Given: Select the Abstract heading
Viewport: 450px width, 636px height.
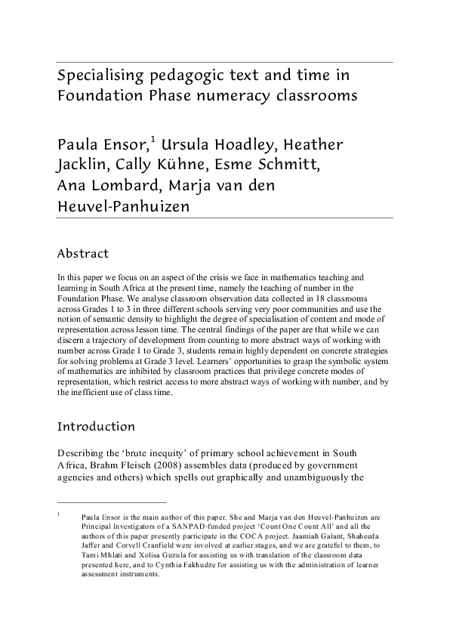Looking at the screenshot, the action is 83,254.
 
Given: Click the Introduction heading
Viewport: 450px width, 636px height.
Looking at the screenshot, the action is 97,427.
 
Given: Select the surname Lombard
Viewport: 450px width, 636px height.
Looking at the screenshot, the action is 126,187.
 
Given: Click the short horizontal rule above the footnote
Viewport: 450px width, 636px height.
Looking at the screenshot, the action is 112,502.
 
